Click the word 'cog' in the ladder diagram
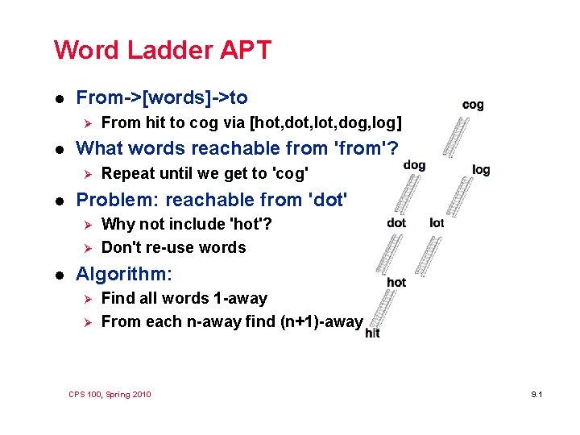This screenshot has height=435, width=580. click(473, 105)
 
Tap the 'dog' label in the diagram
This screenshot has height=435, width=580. click(414, 165)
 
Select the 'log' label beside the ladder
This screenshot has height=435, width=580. click(481, 170)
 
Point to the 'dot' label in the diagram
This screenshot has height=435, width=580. click(396, 222)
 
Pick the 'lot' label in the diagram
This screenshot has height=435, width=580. click(437, 222)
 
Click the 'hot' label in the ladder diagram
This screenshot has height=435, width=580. click(396, 283)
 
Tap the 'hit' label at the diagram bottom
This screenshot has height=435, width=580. click(372, 333)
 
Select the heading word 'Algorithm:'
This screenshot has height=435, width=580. click(123, 274)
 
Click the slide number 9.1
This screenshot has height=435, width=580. click(539, 394)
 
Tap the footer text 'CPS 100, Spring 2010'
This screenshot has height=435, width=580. click(110, 394)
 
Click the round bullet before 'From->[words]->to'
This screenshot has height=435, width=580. click(57, 98)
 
